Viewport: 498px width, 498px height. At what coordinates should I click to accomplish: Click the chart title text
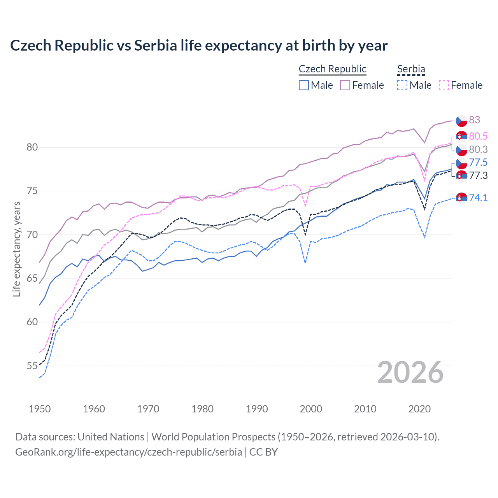199,46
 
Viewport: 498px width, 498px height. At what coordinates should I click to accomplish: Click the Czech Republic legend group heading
332,69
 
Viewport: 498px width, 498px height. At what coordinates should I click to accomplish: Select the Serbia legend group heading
411,69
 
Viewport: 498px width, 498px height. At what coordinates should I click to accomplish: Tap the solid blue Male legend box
304,85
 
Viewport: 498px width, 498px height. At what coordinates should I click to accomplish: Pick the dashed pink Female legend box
444,85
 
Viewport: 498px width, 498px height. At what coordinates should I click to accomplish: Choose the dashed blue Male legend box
402,85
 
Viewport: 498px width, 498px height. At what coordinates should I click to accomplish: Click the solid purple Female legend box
345,85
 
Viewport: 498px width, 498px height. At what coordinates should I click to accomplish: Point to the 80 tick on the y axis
32,147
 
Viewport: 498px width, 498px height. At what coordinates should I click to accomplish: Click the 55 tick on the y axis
32,366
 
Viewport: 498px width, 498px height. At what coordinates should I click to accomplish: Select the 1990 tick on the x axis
257,409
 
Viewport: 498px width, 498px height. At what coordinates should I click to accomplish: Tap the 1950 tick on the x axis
40,409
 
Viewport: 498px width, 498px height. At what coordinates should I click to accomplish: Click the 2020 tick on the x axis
419,409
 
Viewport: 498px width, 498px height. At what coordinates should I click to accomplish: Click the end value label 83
474,120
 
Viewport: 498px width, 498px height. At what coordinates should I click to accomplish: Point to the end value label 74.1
478,198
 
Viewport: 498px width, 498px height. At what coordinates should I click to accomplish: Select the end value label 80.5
478,136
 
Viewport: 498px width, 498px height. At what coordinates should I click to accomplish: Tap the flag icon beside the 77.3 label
461,176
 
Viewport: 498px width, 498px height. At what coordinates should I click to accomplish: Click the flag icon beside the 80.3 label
461,150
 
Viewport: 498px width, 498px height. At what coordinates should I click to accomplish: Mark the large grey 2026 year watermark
410,372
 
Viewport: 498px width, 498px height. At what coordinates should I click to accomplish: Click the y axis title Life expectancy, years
16,249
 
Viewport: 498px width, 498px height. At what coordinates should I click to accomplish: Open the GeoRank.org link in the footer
128,452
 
